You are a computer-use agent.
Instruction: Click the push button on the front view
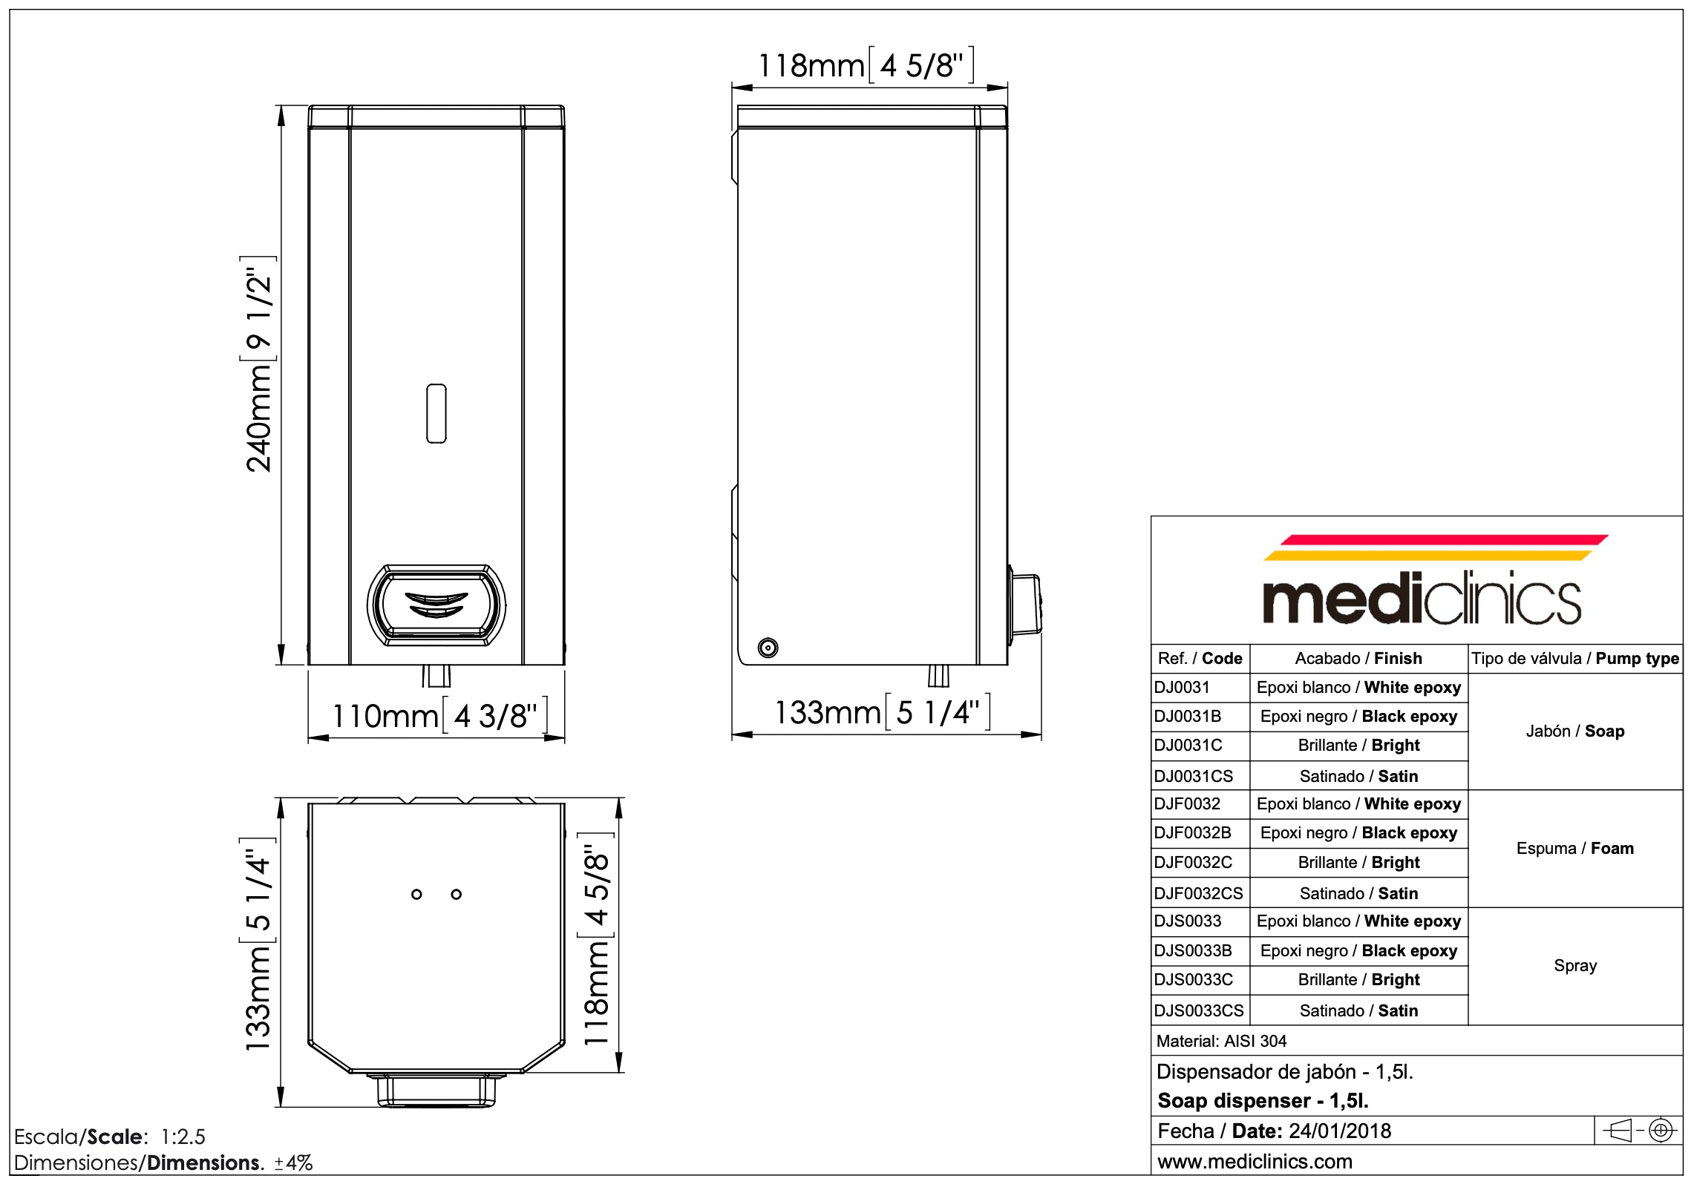436,605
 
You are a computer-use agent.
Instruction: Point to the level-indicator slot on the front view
436,413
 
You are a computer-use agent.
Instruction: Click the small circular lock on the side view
768,648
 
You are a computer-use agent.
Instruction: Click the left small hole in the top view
416,894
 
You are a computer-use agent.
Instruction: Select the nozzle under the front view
436,675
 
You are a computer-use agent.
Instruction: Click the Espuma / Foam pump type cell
1574,848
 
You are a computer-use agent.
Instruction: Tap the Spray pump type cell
1574,965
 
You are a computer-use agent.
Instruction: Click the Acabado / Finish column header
1358,658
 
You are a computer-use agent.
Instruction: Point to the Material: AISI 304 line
1221,1040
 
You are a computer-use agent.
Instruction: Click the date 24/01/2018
1340,1131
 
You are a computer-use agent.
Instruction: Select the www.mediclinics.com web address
1255,1161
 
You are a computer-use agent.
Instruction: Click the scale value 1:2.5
183,1137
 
